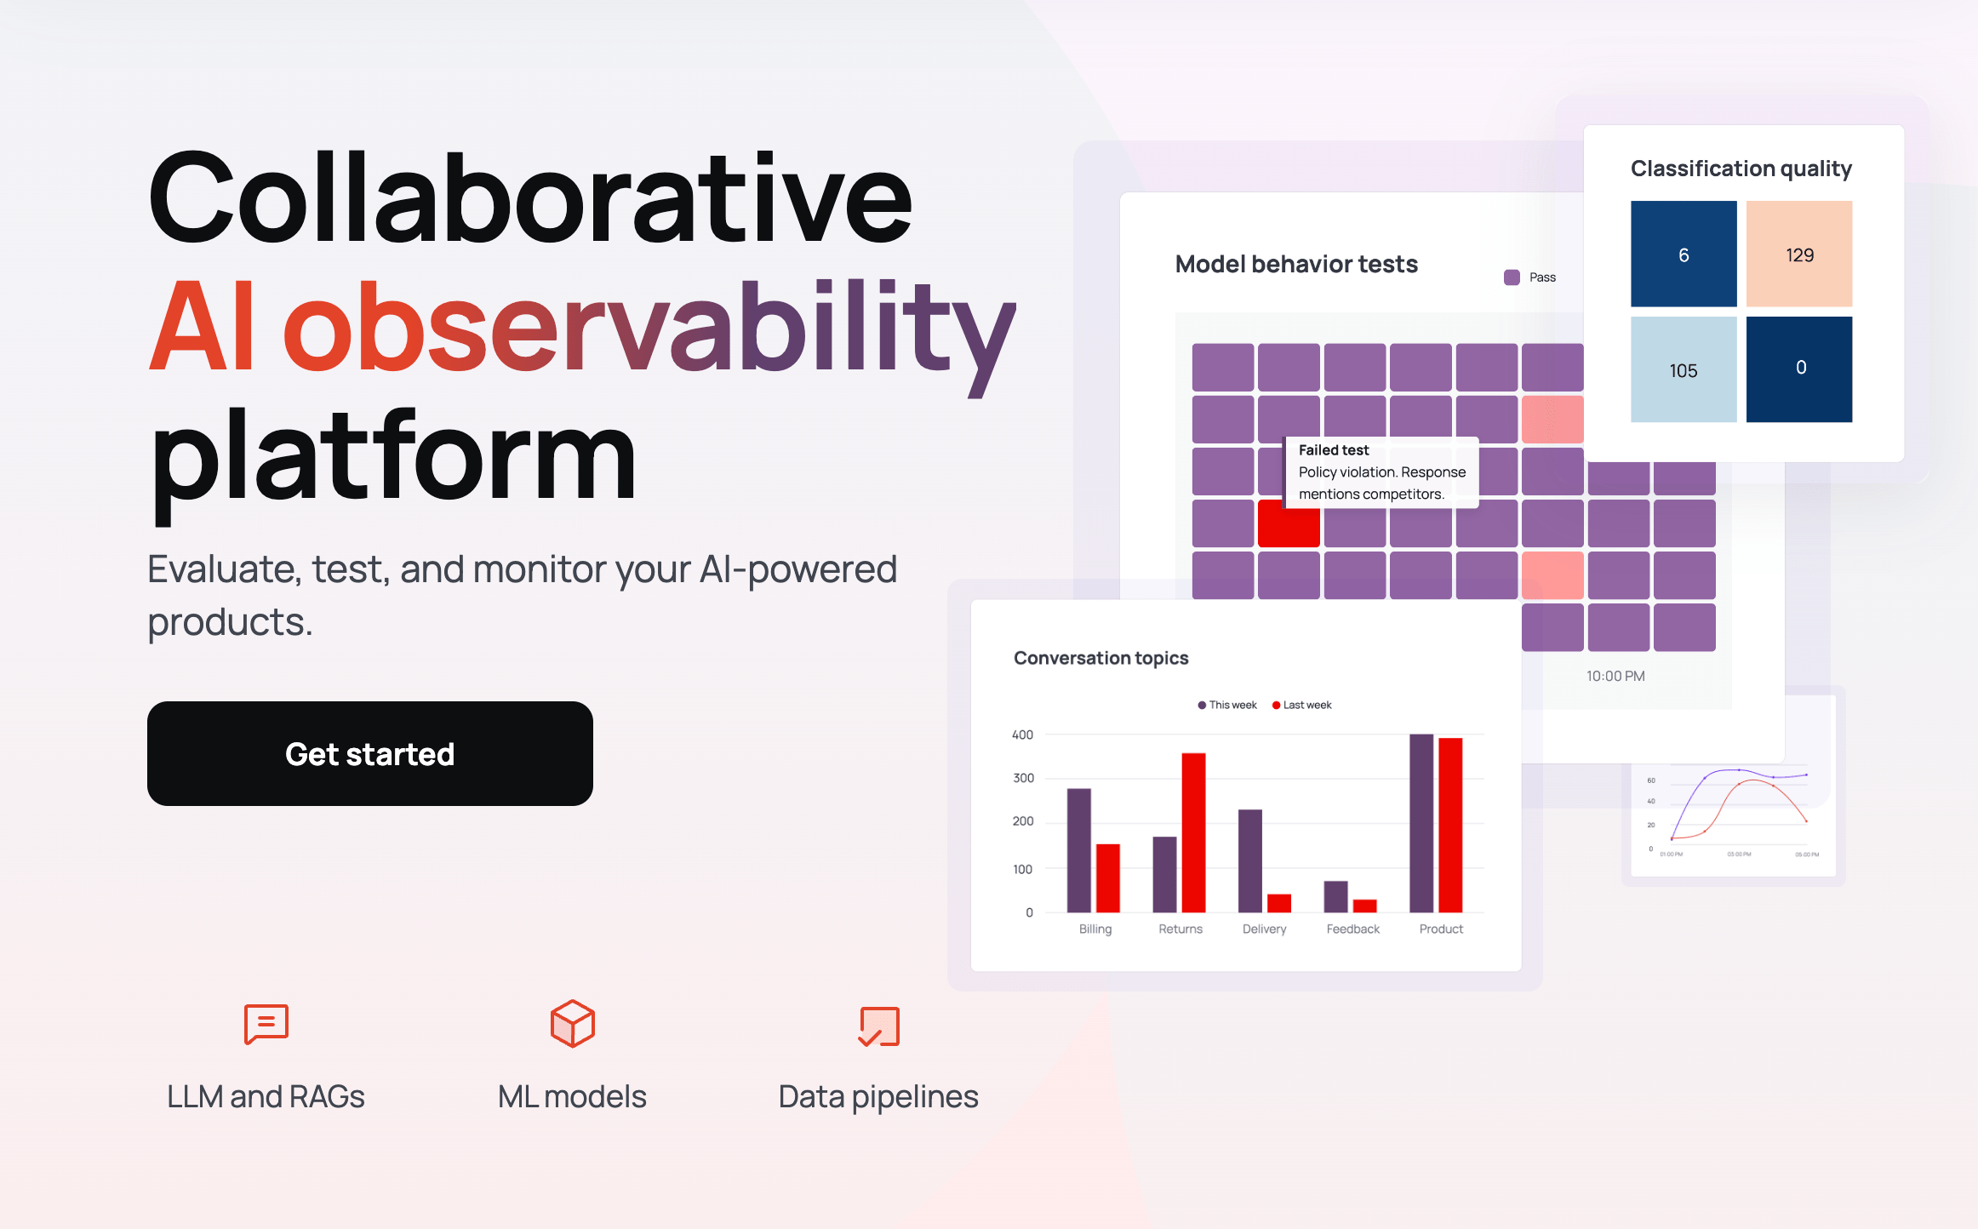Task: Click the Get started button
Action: (x=369, y=753)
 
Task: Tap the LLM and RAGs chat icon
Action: (x=266, y=1023)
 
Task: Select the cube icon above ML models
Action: (x=572, y=1023)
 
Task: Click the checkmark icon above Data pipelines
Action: (x=878, y=1026)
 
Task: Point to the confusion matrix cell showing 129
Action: (x=1798, y=254)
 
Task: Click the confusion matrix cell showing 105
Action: (x=1683, y=369)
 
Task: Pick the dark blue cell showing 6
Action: (x=1683, y=254)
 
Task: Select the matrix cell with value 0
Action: (x=1798, y=369)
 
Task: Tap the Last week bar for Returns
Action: (x=1193, y=832)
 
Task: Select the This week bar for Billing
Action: (x=1078, y=849)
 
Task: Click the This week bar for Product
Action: (x=1421, y=822)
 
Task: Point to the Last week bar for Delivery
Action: (x=1278, y=903)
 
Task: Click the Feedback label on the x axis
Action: (x=1352, y=929)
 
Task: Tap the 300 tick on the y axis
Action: (x=1023, y=778)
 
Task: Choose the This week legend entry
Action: (x=1227, y=705)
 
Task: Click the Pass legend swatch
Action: (x=1512, y=277)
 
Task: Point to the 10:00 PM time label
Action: (x=1615, y=676)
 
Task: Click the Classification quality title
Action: (x=1741, y=169)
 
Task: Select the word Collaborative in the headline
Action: (x=529, y=197)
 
